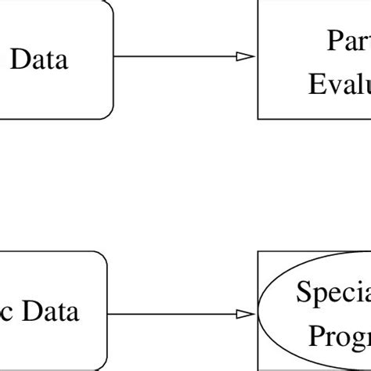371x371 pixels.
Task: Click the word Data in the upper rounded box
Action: [38, 59]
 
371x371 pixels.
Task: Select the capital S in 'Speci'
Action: [303, 294]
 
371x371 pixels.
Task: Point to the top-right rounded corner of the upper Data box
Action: [109, 6]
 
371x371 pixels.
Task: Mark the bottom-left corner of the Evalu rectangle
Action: [258, 118]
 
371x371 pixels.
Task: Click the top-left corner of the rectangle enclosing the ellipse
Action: [258, 252]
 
